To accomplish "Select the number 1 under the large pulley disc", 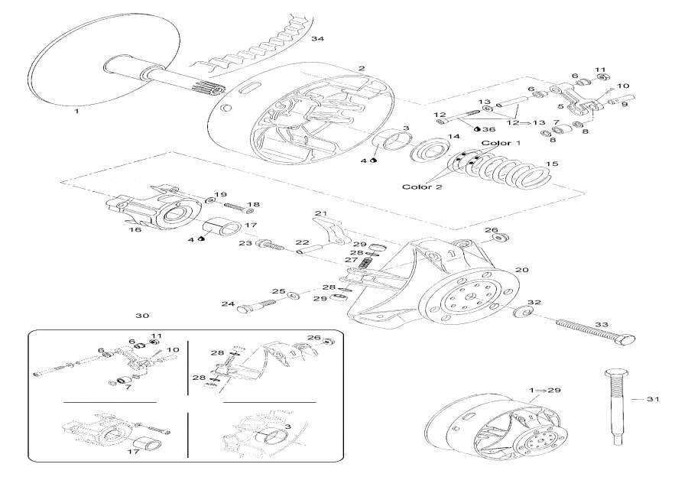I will (76, 112).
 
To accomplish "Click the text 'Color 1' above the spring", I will (501, 143).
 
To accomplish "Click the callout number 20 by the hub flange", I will (522, 269).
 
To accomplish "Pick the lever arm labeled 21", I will (330, 229).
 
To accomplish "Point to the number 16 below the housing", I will (136, 229).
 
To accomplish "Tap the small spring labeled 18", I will (222, 206).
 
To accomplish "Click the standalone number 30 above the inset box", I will (141, 316).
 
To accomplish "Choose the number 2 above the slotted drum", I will (361, 69).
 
